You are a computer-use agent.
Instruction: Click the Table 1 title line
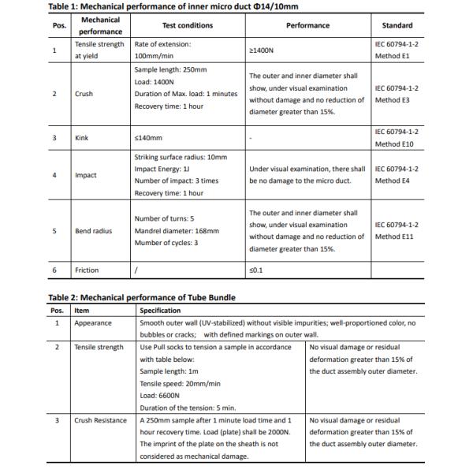pos(173,7)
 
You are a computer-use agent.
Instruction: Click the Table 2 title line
pos(142,297)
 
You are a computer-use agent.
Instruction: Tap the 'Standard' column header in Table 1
pos(397,25)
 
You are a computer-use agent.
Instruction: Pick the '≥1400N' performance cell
pos(262,50)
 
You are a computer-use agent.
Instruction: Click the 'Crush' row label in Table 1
pos(84,94)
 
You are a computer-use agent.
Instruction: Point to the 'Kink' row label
pos(81,138)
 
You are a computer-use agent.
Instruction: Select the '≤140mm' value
pos(147,138)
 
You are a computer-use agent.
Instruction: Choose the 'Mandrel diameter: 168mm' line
pos(176,231)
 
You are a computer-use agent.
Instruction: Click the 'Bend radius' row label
pos(93,231)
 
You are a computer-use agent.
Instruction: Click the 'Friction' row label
pos(87,270)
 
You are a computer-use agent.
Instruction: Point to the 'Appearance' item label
pos(93,323)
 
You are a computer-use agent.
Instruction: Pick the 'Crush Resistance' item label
pos(100,420)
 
